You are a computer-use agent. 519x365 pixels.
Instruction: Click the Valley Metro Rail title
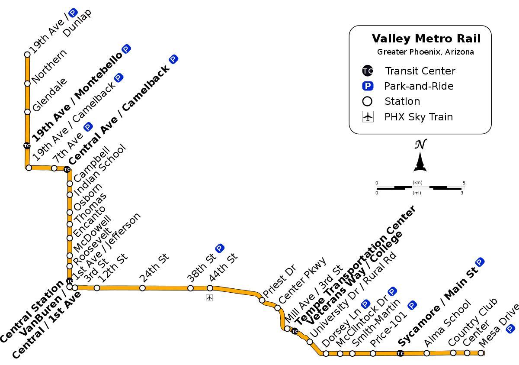(x=426, y=39)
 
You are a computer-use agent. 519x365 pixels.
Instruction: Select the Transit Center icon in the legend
(x=367, y=71)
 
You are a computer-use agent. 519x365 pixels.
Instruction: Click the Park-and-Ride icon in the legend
(x=367, y=86)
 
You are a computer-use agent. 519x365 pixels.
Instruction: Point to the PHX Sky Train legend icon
(x=368, y=117)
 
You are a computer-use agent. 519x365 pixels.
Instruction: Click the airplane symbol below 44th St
(x=209, y=297)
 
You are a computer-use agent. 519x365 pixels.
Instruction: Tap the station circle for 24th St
(x=142, y=288)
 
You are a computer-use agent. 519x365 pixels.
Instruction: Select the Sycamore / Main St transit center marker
(x=400, y=354)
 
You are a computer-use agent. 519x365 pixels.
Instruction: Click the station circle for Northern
(x=27, y=83)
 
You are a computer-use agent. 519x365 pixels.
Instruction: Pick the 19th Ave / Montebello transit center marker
(x=27, y=145)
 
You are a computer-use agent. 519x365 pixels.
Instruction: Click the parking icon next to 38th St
(x=219, y=249)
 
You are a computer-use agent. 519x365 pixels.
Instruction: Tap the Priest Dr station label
(x=279, y=281)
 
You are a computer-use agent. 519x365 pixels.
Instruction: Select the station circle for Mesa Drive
(x=481, y=353)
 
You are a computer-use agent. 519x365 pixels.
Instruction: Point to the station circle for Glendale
(x=27, y=112)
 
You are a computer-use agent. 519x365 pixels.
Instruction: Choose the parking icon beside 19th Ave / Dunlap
(x=73, y=13)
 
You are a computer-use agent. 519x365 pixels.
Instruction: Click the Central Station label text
(x=32, y=312)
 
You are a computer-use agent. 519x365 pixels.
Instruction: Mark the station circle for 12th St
(x=97, y=288)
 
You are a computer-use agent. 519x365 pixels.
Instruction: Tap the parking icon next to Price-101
(x=412, y=305)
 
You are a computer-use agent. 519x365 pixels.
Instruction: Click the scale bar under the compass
(x=420, y=188)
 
